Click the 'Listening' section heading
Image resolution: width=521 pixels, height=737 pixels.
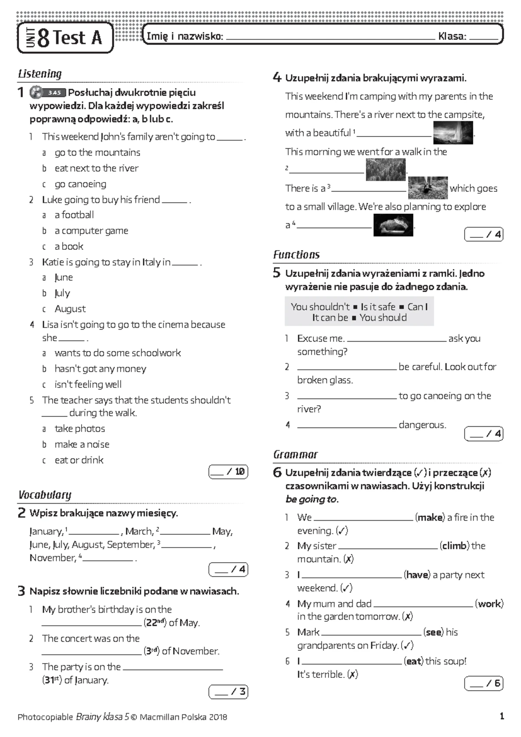(x=40, y=74)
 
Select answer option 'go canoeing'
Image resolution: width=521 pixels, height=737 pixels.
(x=80, y=184)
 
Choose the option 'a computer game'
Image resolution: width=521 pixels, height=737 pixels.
(x=91, y=231)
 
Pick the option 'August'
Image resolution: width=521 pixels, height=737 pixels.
(x=70, y=309)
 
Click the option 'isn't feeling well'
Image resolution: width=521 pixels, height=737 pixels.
(x=88, y=385)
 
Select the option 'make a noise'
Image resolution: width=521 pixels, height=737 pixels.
(x=82, y=445)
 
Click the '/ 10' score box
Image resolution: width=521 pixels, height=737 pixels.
(x=228, y=472)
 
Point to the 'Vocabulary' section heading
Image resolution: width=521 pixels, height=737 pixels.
(x=45, y=495)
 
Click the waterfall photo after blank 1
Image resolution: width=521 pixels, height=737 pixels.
(x=453, y=133)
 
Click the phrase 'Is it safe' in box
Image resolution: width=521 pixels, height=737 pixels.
(x=378, y=307)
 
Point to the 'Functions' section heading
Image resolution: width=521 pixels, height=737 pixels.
(x=296, y=255)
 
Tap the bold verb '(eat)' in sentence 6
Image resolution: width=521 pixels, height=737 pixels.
(x=413, y=661)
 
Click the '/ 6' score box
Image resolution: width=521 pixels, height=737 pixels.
(x=484, y=684)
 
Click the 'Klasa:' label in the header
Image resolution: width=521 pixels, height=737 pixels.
(x=452, y=37)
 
